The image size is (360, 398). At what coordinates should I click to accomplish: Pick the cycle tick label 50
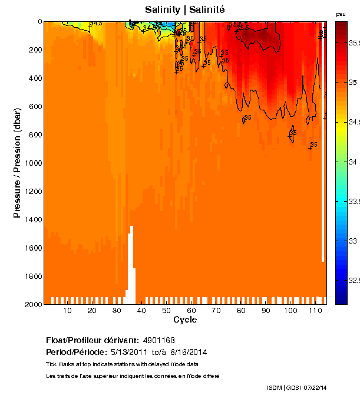click(166, 311)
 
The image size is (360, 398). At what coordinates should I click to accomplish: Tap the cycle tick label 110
click(315, 311)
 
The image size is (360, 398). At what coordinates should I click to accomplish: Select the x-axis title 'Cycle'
click(185, 320)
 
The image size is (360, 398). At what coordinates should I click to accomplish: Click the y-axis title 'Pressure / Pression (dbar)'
click(18, 163)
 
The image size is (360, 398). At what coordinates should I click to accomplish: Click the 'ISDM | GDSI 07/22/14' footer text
click(296, 387)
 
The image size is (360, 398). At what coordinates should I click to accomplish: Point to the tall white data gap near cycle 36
click(132, 259)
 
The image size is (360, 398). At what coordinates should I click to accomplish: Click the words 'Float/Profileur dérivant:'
click(93, 341)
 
